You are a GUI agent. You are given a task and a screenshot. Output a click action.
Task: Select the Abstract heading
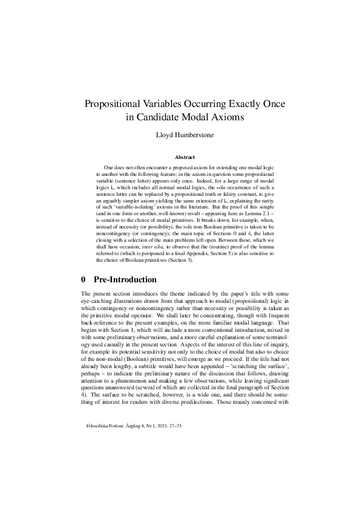click(180, 157)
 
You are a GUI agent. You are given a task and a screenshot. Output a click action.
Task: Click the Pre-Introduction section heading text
click(126, 280)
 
